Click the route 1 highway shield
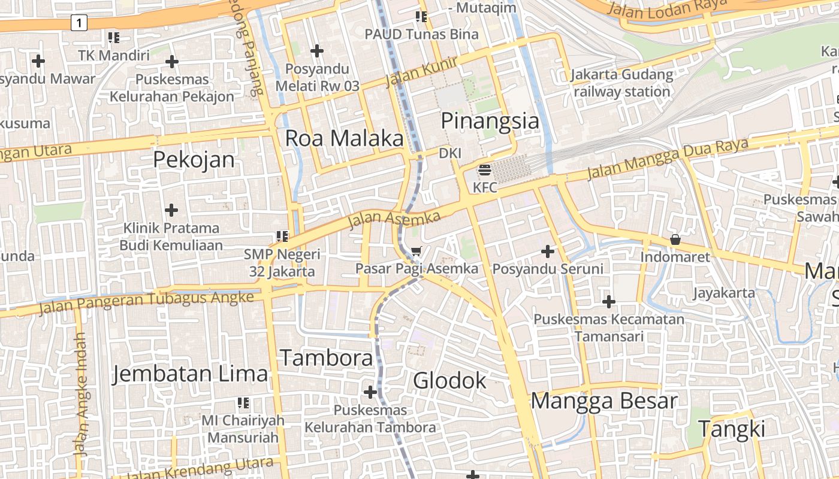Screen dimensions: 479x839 click(x=79, y=23)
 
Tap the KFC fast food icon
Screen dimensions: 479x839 click(x=485, y=171)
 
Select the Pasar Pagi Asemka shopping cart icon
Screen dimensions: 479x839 click(x=417, y=251)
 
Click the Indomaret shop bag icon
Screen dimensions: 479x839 click(x=675, y=239)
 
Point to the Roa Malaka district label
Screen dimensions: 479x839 click(x=344, y=138)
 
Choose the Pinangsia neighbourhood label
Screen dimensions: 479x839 click(x=490, y=121)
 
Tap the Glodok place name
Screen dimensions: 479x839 click(x=449, y=380)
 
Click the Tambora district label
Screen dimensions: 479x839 click(x=327, y=358)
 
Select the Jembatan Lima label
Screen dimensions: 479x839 click(x=191, y=374)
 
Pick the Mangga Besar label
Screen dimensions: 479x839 click(x=604, y=401)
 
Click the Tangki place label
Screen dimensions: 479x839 click(x=732, y=429)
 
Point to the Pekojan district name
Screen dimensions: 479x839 click(x=194, y=160)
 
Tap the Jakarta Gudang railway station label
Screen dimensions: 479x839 click(x=621, y=83)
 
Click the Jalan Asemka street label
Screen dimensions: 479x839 click(x=394, y=220)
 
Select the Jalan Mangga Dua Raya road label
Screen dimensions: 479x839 click(x=668, y=159)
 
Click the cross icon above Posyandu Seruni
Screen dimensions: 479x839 click(x=547, y=251)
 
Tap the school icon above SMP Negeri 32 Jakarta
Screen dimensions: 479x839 click(x=282, y=237)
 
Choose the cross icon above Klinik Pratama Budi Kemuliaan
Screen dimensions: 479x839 click(x=171, y=210)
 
